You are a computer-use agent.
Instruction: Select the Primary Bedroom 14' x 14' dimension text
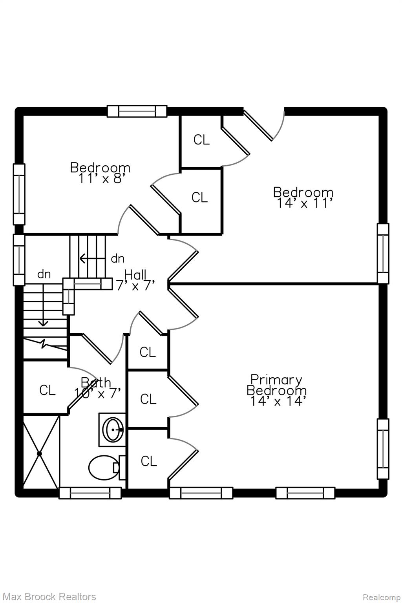[278, 401]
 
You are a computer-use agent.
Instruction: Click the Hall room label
[135, 275]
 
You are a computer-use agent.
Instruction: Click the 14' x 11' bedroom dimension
[303, 203]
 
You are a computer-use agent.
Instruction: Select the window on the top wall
[137, 111]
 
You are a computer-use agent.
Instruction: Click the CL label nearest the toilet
[149, 461]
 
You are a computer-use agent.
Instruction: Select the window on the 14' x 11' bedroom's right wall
[383, 254]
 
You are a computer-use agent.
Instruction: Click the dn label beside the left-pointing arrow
[118, 259]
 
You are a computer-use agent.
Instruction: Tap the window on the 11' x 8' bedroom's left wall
[19, 194]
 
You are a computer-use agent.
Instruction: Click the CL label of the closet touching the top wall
[201, 140]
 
